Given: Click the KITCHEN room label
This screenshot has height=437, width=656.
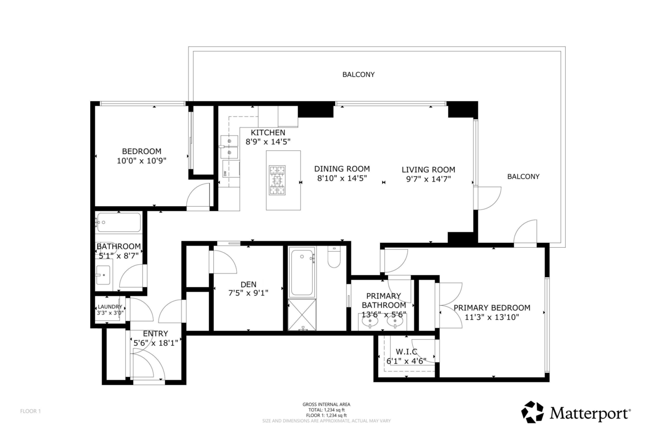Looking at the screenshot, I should coord(268,133).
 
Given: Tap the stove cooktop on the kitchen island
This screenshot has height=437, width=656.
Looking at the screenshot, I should coord(278,179).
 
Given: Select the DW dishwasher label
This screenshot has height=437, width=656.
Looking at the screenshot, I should coord(225,173).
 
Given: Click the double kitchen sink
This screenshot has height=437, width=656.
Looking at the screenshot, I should coord(230,147).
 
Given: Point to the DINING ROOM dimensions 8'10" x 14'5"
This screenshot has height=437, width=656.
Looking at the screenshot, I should coord(342,178).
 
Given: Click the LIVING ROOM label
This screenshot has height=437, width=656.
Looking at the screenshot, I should coord(428,170).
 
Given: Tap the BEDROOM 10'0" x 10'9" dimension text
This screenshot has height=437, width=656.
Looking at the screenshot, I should coord(141,161).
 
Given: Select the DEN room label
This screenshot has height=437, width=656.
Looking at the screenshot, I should coord(249,284).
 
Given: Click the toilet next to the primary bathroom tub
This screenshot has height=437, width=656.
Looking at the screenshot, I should coord(334,257).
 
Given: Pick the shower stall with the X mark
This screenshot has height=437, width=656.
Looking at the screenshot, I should coord(302,314).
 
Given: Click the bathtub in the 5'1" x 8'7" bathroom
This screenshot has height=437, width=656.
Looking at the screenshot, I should coord(119,223).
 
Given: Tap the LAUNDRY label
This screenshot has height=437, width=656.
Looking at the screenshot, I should coord(110,307).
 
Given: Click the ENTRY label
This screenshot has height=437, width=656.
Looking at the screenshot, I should coord(155,334).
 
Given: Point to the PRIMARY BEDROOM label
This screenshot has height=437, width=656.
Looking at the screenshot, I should coord(491,307).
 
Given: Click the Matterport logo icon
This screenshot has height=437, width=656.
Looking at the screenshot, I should coord(532,412).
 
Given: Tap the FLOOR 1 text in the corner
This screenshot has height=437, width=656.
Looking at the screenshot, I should coord(31,411).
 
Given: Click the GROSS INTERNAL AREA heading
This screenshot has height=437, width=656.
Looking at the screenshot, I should coord(327,404).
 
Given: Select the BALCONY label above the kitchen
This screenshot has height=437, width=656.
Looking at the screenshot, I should coord(359,74).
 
